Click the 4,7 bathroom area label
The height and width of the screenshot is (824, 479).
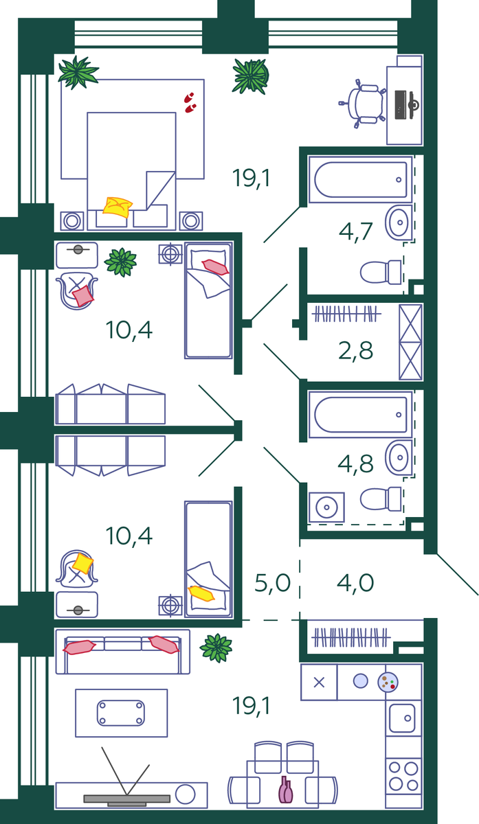pos(356,231)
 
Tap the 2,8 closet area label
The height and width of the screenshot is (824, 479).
pos(356,350)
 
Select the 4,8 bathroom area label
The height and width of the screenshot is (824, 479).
pos(356,463)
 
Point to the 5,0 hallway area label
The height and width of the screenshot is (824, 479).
pos(273,584)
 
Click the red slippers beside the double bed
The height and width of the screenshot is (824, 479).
pos(190,102)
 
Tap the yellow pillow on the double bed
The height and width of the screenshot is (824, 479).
pos(118,206)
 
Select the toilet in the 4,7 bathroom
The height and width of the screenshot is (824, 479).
pos(381,272)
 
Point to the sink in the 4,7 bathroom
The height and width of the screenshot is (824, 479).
pos(398,221)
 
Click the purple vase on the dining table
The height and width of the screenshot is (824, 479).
pos(285,790)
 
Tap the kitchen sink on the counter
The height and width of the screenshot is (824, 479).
pos(403,718)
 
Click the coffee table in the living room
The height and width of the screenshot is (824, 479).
pos(121,713)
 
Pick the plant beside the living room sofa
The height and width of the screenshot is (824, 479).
pos(216,648)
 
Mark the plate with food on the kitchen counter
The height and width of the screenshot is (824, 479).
pos(388,681)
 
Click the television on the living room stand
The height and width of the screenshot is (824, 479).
pos(126,799)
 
